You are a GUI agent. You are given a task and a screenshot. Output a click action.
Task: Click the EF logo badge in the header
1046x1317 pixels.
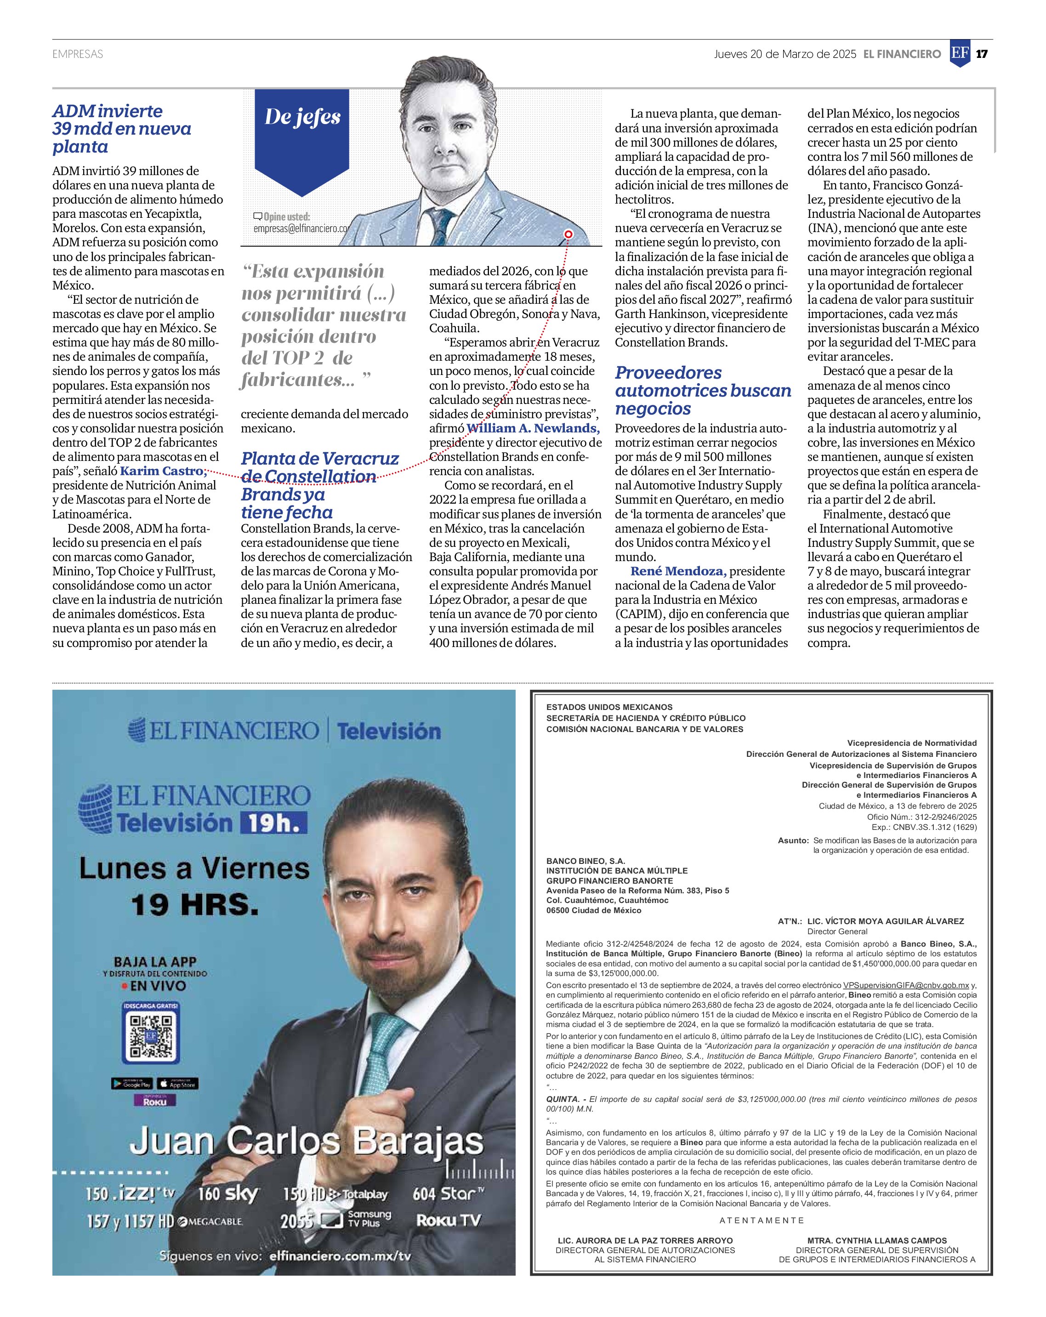click(960, 54)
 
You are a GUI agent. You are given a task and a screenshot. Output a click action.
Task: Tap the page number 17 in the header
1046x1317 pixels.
click(982, 54)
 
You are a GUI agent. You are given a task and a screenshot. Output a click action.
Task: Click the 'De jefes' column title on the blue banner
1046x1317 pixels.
click(302, 117)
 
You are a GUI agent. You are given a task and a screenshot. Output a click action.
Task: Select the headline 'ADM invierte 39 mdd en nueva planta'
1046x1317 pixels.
click(122, 129)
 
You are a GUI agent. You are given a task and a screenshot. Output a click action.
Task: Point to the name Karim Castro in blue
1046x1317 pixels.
click(162, 471)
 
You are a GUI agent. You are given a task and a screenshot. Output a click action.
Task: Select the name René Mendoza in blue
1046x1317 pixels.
click(677, 571)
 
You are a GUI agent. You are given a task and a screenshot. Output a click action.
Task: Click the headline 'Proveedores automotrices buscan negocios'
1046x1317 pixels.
click(703, 390)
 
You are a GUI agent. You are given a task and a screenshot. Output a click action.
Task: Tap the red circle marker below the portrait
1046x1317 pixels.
click(568, 234)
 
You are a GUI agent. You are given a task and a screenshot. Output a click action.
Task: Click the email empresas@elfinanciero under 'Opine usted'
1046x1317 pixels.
click(300, 229)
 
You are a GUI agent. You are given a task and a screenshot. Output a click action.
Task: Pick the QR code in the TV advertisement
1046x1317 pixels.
click(151, 1037)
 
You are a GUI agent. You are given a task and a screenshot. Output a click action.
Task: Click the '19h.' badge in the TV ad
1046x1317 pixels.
click(274, 823)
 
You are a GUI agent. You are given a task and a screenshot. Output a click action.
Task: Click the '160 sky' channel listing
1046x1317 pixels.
click(228, 1193)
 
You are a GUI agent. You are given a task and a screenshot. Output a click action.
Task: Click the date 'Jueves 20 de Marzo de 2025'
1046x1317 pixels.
click(784, 54)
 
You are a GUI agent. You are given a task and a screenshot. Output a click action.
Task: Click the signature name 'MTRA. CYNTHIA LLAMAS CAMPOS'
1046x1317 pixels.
click(877, 1241)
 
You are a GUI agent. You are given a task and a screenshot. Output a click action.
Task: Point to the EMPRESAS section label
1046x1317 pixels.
click(78, 54)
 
